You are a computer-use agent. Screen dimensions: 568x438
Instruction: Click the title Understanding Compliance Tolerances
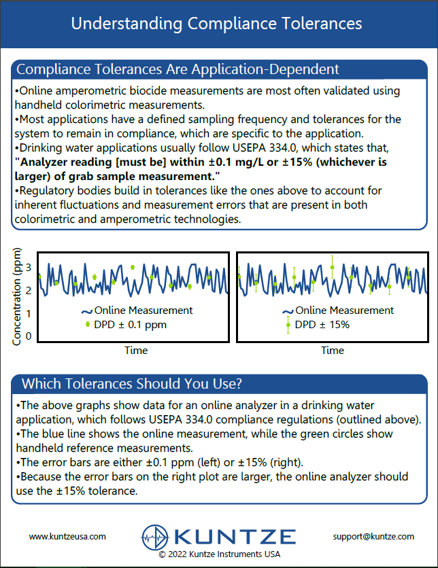pos(216,24)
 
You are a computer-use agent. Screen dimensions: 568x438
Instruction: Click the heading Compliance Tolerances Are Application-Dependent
pos(178,69)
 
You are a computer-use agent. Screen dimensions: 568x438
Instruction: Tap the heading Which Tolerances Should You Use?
pos(132,384)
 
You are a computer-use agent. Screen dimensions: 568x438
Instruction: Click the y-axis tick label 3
pos(29,268)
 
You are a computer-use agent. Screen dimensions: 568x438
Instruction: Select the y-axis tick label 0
pos(29,336)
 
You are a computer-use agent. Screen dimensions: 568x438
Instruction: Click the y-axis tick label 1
pos(29,313)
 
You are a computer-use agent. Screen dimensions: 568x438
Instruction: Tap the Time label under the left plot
pos(135,351)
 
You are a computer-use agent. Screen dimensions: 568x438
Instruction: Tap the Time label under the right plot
pos(333,351)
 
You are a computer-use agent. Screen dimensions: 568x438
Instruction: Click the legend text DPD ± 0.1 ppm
pos(129,325)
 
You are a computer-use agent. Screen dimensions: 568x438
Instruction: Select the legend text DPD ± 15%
pos(322,325)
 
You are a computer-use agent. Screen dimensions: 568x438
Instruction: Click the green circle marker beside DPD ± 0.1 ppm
pos(87,325)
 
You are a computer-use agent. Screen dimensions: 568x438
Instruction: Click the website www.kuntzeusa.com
pos(67,536)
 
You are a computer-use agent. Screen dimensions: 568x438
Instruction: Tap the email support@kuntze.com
pos(373,536)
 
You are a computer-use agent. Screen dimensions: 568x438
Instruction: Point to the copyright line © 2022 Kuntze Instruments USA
pos(218,554)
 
